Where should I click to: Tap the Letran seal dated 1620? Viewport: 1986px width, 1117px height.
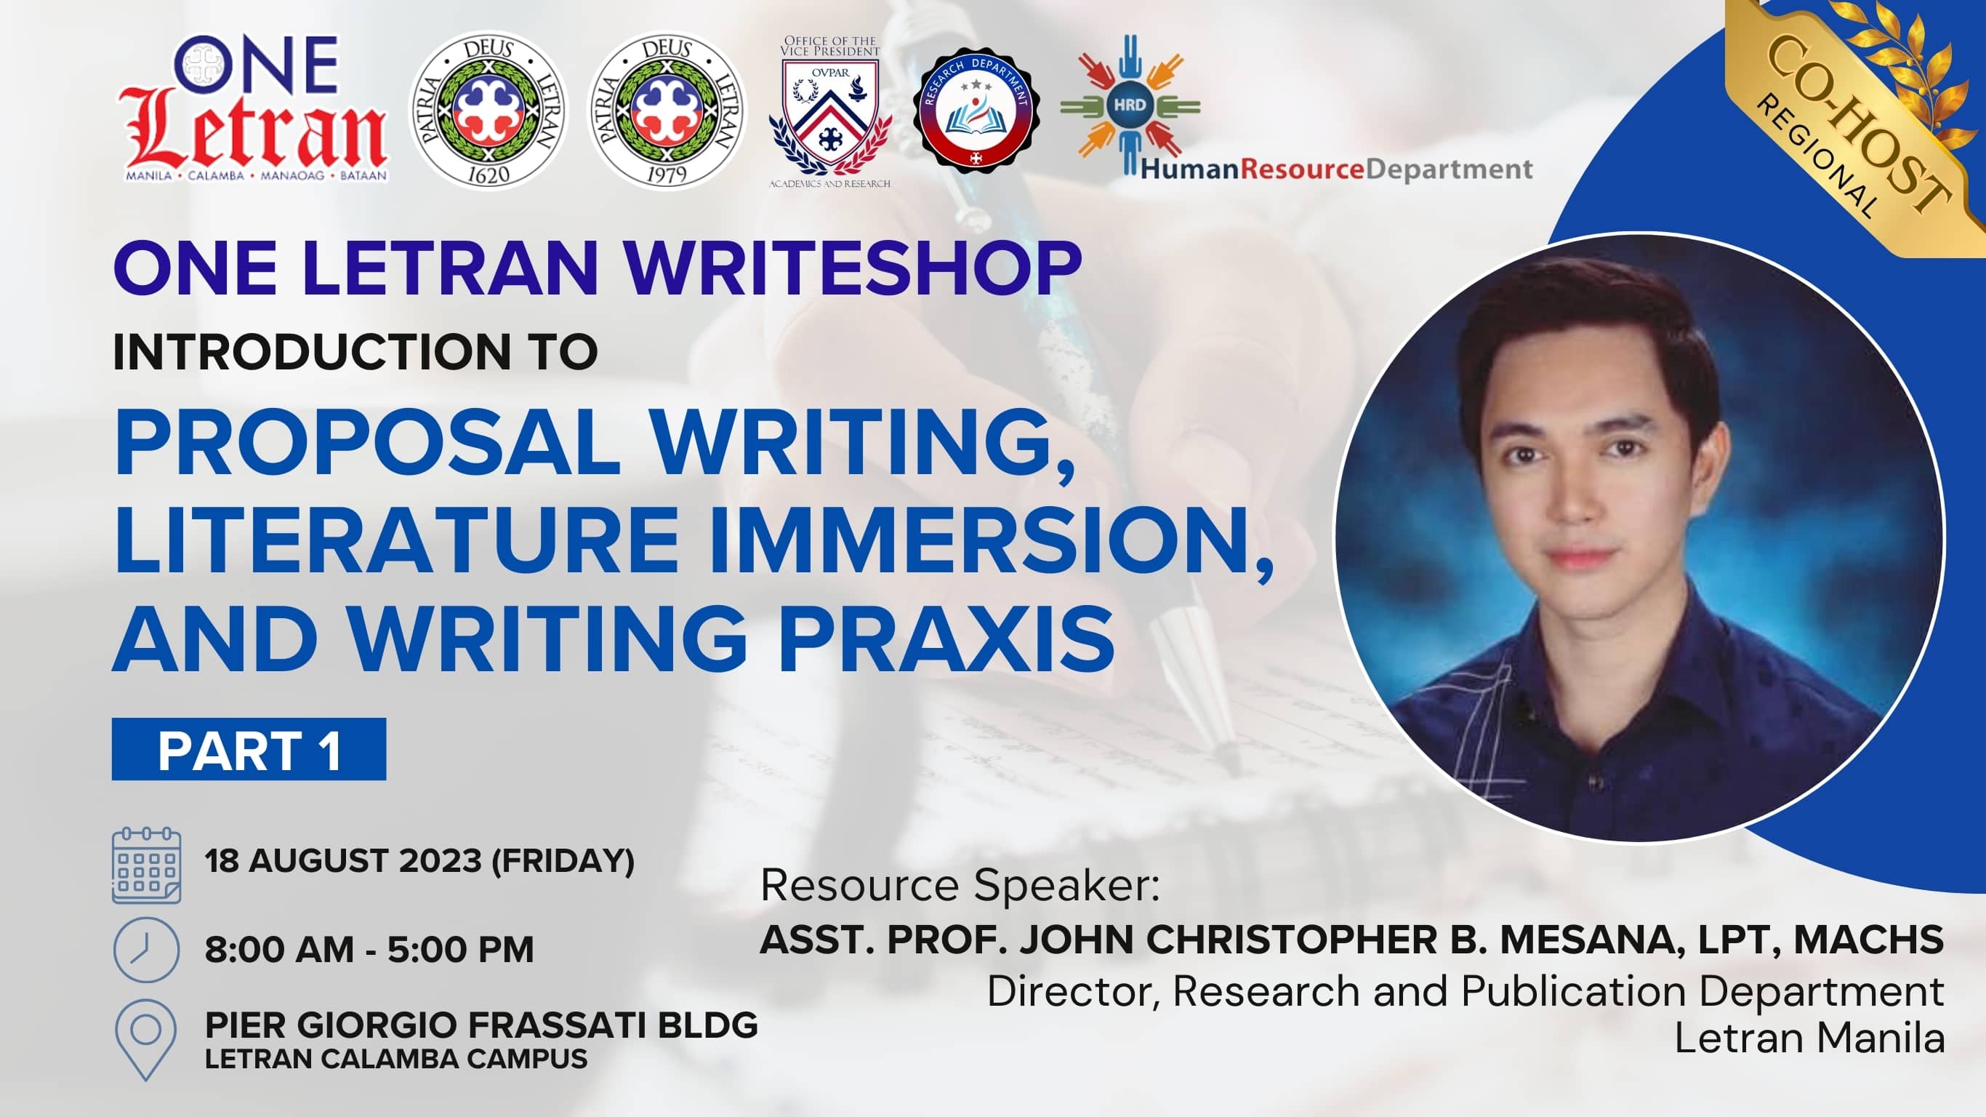488,111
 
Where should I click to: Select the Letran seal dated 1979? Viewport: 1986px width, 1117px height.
666,111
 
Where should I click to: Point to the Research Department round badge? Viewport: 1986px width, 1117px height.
976,111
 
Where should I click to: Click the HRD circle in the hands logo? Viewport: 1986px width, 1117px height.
1130,104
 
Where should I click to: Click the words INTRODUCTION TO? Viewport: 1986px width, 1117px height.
355,352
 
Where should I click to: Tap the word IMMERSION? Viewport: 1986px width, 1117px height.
992,540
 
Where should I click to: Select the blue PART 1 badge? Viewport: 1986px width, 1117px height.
249,749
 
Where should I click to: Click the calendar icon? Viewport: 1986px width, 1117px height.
147,865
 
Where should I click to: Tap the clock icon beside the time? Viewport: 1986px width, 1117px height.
147,950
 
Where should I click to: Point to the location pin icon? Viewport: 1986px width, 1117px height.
145,1039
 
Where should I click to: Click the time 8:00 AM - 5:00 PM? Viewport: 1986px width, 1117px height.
369,950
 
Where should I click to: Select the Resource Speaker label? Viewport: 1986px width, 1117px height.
960,886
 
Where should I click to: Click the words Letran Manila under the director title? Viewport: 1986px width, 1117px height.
1809,1038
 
